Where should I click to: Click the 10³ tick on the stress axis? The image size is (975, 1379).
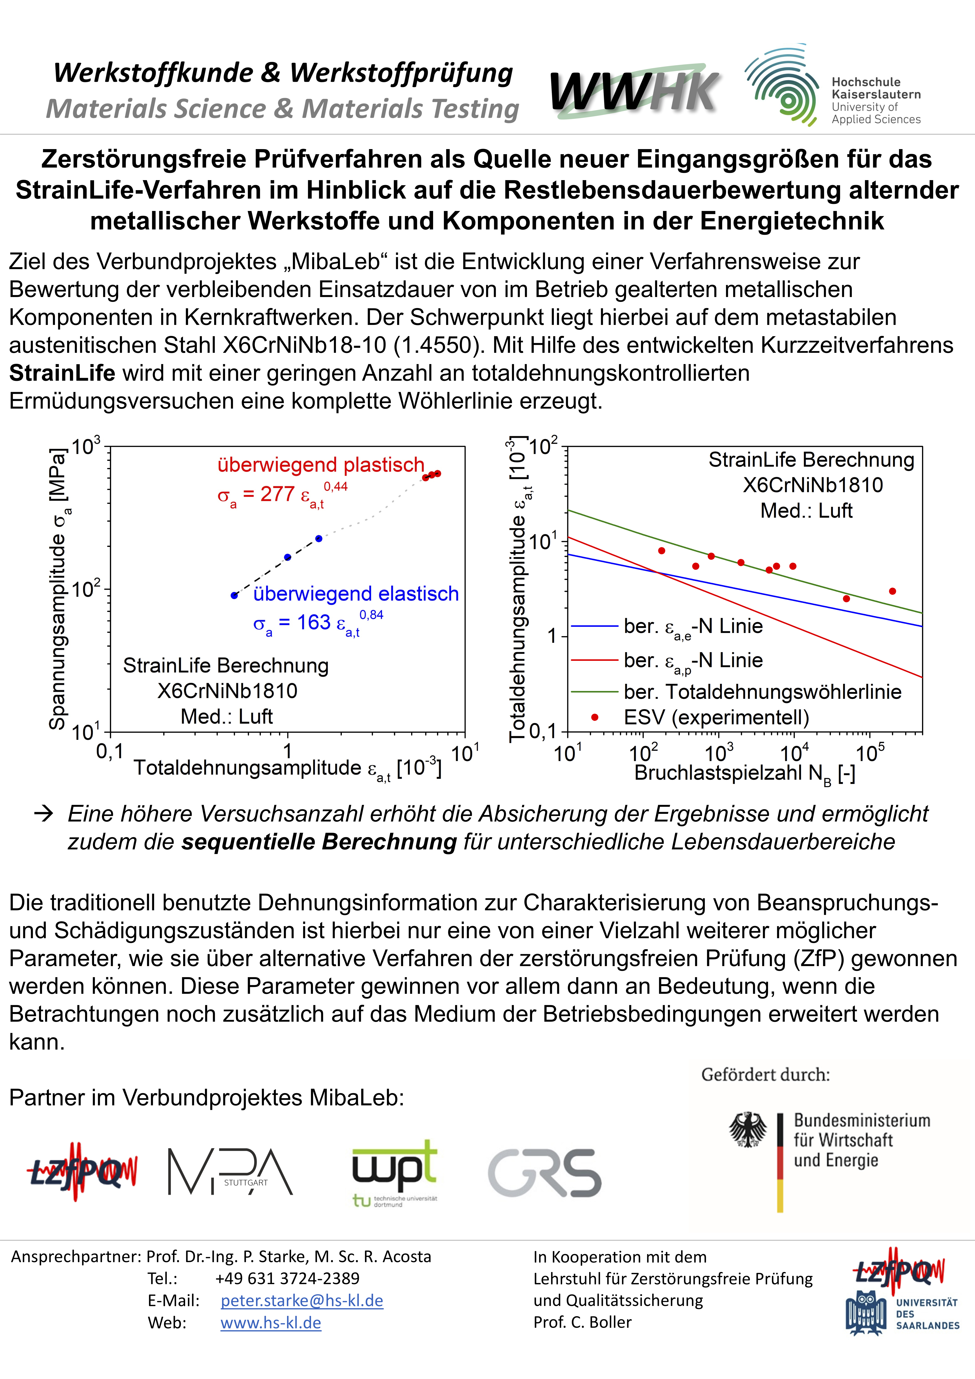coord(86,447)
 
